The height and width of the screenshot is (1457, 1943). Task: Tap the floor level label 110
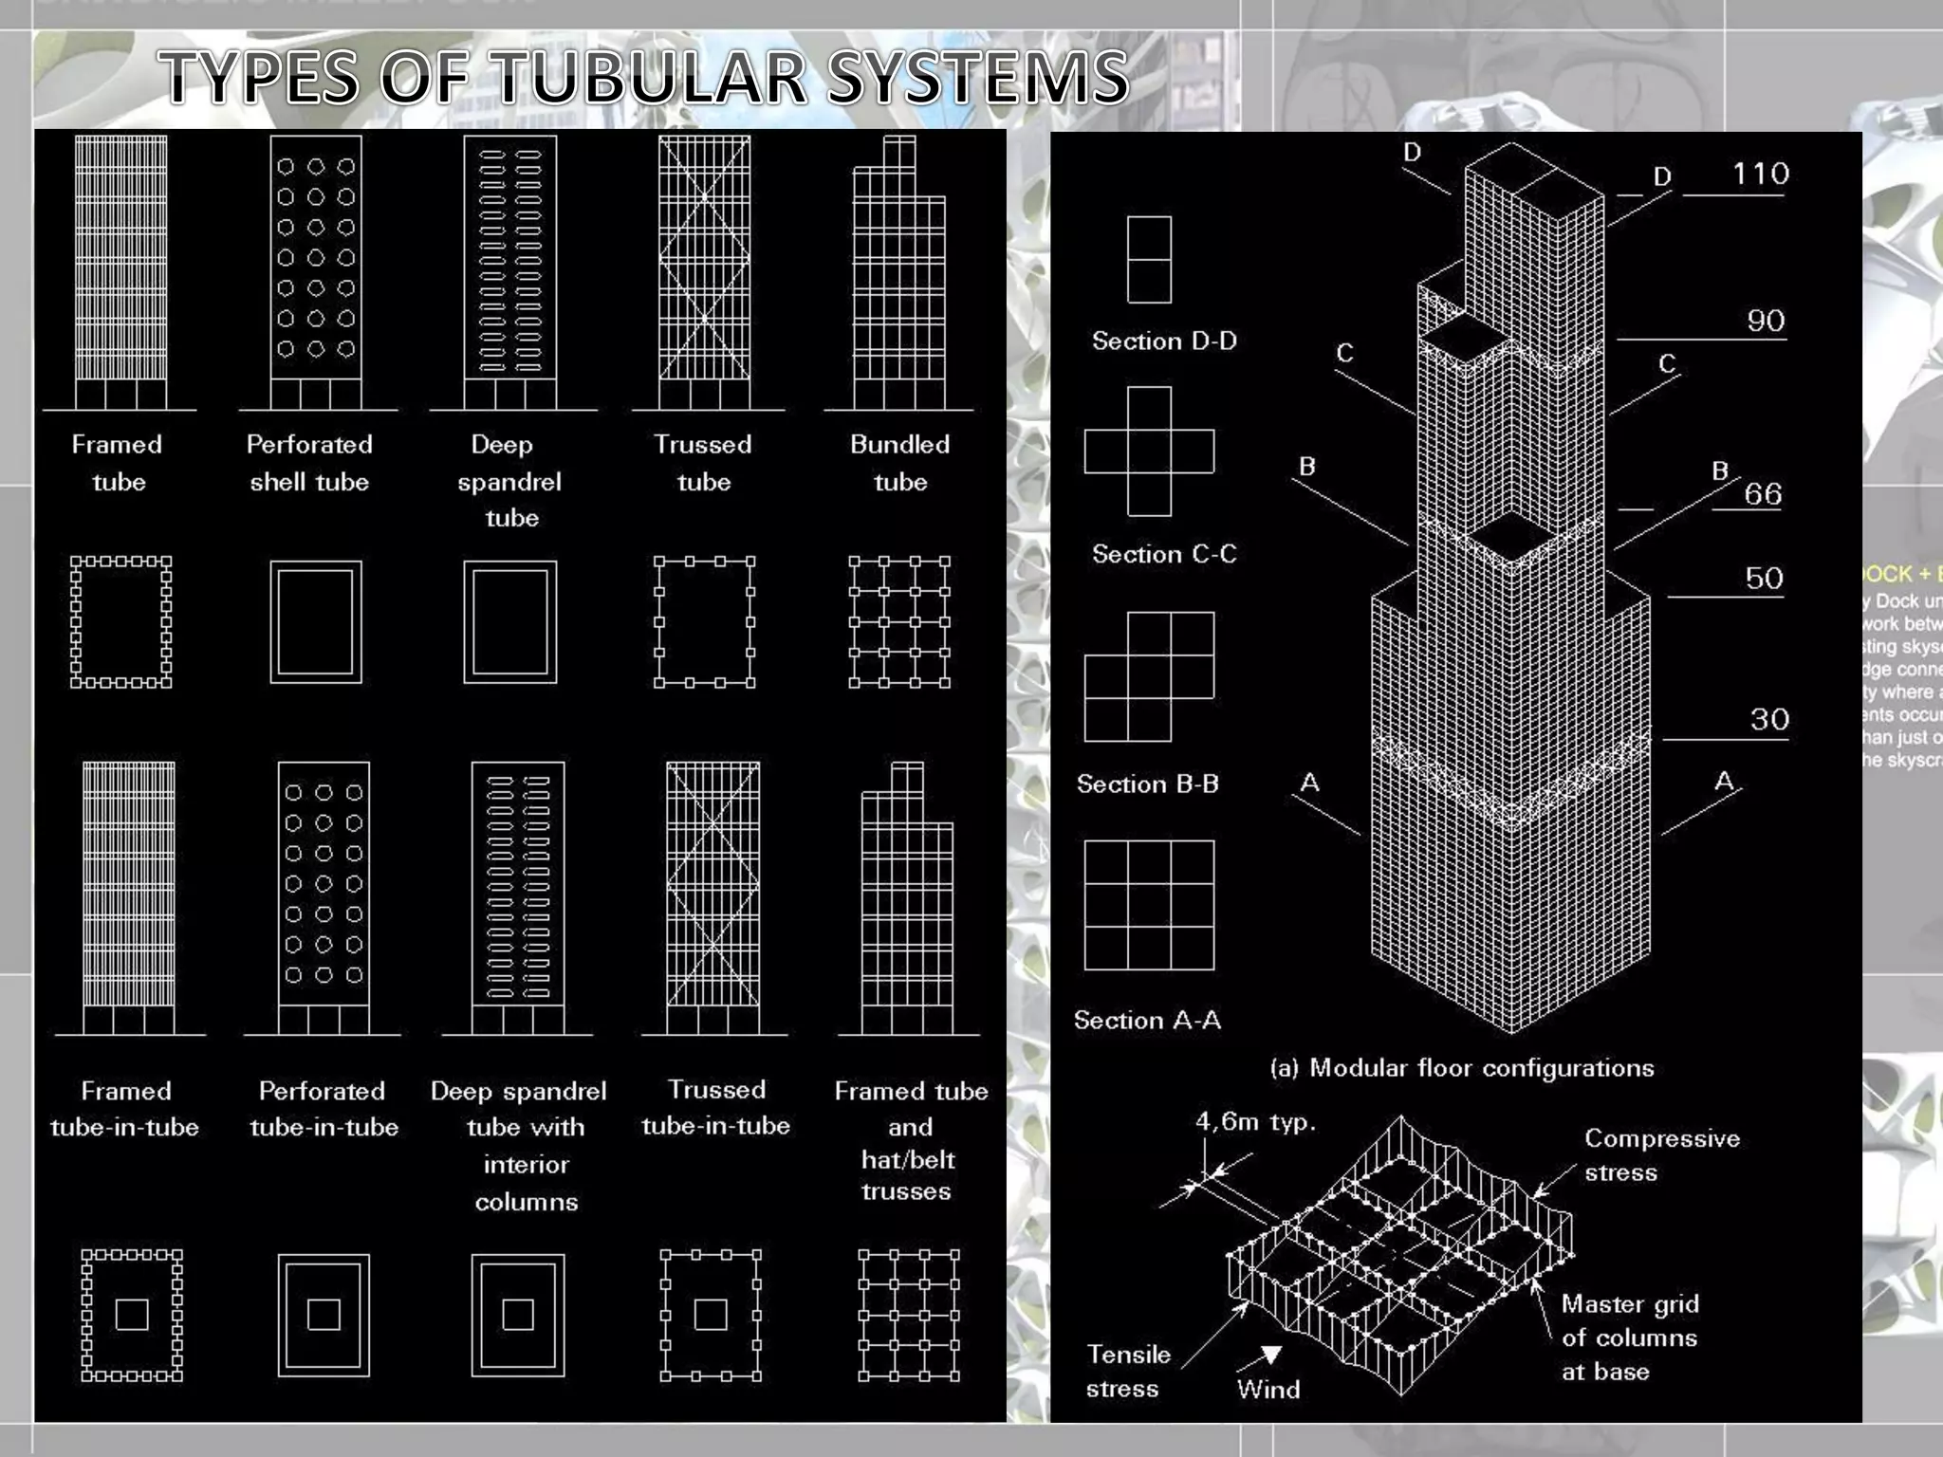1760,174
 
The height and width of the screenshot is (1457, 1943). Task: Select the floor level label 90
1766,321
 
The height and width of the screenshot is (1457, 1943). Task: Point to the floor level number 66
1762,494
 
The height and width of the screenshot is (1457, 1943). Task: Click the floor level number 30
1769,719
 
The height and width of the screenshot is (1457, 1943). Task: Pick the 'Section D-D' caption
1164,341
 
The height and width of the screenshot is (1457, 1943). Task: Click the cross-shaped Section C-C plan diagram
1149,452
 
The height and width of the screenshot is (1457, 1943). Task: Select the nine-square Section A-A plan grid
1149,905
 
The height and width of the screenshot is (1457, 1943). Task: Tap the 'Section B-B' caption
1147,784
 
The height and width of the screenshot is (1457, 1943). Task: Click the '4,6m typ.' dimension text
1255,1122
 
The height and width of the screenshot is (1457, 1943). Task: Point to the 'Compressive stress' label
1661,1154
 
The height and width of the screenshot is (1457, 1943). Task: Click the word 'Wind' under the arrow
1268,1390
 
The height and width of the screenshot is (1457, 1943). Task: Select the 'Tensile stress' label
1127,1371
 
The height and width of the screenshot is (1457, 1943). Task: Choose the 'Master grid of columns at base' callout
1629,1337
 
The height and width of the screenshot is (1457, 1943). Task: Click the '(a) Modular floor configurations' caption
1461,1068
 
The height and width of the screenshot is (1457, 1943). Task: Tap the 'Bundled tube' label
899,463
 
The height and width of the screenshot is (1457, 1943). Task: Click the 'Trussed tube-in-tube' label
715,1107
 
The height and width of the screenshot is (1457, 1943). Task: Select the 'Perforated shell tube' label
309,463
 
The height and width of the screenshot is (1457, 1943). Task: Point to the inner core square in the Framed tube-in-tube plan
132,1315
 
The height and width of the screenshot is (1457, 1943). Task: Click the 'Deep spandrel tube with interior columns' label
519,1146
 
